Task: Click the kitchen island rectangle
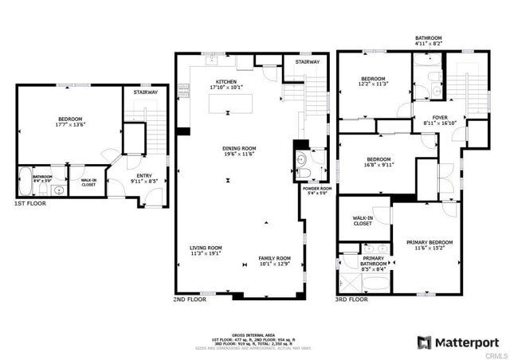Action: (230, 104)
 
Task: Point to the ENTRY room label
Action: (144, 176)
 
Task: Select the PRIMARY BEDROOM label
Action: (429, 242)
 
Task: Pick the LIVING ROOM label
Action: (206, 248)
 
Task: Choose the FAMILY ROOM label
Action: (274, 258)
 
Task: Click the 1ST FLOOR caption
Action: (29, 204)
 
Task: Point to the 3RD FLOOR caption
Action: (351, 299)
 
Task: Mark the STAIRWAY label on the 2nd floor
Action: (308, 61)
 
